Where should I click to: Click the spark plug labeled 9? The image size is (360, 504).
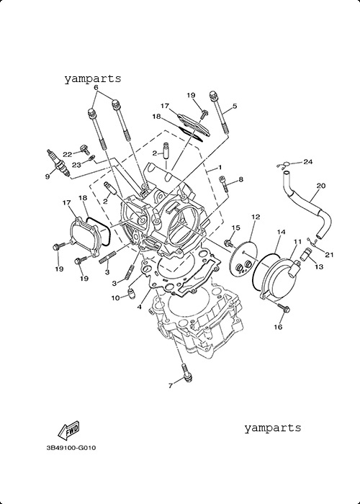58,163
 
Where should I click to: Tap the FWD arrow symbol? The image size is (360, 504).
68,430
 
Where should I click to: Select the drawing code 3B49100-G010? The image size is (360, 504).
71,447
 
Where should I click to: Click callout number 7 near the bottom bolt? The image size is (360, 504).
171,386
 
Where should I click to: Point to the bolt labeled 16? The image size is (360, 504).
284,308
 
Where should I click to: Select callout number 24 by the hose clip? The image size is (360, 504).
307,161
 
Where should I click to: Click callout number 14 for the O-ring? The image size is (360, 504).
281,232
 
